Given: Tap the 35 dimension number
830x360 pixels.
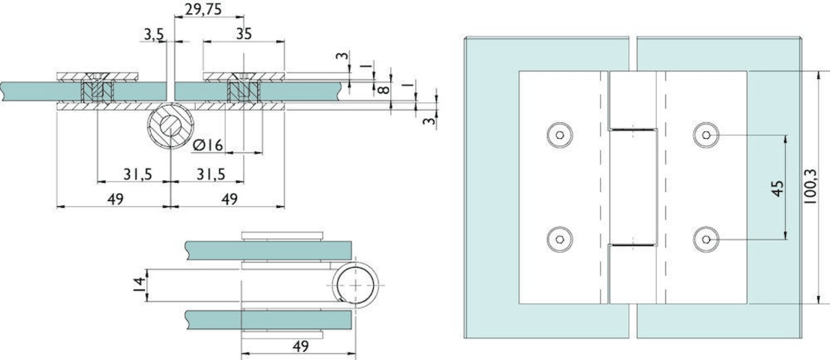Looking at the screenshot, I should click(x=243, y=34).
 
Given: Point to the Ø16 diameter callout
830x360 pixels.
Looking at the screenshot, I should click(x=208, y=145).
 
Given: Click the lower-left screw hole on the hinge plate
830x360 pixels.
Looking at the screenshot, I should click(x=558, y=238).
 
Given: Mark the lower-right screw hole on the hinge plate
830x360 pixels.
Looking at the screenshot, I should click(x=707, y=238).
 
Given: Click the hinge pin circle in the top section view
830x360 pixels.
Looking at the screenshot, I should click(x=171, y=127).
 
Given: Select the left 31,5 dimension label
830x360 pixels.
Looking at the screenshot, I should click(x=138, y=174).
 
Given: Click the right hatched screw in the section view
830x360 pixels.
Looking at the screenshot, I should click(x=243, y=91).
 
